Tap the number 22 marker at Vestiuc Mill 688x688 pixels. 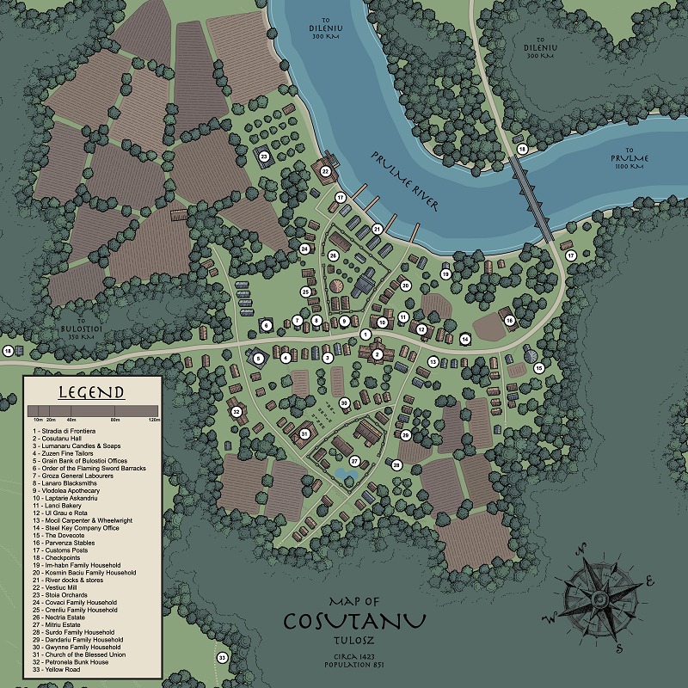326,171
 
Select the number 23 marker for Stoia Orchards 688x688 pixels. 264,156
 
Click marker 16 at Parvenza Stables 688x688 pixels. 509,321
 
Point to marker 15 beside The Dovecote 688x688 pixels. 539,367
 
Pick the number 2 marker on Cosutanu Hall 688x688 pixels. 377,353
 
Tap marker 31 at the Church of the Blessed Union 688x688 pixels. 304,435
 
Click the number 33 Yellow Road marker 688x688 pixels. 222,658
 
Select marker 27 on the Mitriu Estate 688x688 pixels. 353,462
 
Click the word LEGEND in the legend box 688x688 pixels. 91,393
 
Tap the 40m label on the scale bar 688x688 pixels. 71,419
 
